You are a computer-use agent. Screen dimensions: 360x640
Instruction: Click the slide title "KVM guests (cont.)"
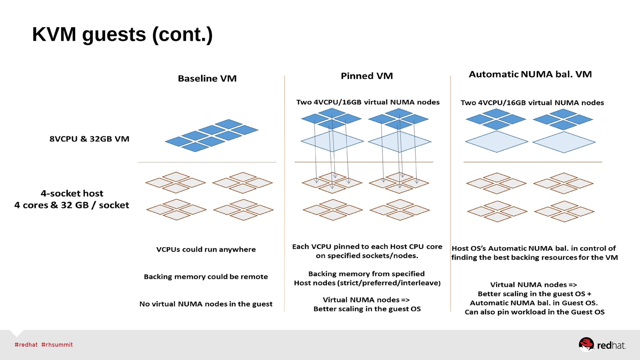[122, 34]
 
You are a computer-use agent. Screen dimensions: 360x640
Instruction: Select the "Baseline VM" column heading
[207, 78]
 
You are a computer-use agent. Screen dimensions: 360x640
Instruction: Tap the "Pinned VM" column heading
[367, 76]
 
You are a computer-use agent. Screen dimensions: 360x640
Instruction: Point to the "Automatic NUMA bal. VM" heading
[530, 74]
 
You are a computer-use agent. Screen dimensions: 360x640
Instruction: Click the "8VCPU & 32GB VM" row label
[89, 139]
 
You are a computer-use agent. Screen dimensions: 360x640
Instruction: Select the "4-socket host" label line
[72, 194]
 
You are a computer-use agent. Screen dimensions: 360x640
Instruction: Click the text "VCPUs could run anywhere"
[206, 250]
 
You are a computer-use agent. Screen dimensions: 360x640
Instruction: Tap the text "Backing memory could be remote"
[206, 277]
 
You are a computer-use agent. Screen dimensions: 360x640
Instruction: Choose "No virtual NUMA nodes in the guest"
[206, 304]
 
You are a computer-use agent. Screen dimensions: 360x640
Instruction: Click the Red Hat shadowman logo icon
[586, 344]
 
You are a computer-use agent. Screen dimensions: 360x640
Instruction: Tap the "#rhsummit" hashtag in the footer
[57, 345]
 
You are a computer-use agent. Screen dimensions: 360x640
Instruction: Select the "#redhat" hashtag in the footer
[26, 345]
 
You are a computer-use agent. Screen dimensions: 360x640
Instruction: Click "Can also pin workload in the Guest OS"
[534, 312]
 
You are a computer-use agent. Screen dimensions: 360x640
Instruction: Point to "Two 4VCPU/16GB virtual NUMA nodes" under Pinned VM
[368, 102]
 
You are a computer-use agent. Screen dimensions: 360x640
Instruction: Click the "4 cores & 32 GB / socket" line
[72, 205]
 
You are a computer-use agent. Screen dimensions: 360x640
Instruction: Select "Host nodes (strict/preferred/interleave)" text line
[367, 283]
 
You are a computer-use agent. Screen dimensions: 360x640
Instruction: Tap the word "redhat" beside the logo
[611, 346]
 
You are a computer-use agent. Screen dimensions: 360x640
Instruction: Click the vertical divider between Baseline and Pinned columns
[285, 192]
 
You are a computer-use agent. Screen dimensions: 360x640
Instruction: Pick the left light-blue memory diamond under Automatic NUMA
[496, 142]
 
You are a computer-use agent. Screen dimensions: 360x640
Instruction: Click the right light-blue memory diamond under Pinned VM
[399, 141]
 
